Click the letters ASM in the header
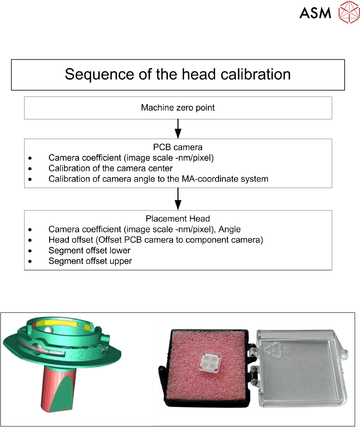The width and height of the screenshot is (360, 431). [315, 13]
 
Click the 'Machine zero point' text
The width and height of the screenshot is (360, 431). [178, 108]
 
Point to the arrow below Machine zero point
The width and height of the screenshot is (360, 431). [178, 129]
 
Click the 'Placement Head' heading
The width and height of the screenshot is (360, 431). [178, 219]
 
